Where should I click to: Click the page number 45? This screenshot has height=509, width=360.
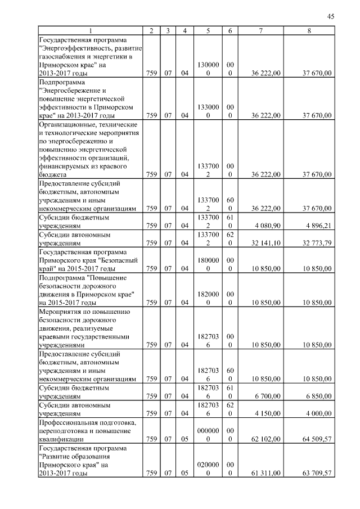coord(330,17)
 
